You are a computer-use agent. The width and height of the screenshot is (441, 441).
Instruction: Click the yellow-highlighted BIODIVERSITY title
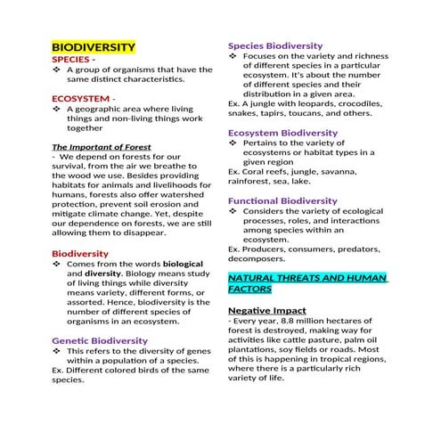[93, 46]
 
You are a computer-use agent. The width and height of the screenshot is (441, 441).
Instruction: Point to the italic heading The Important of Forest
[101, 147]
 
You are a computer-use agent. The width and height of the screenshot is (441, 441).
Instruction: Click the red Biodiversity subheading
[80, 254]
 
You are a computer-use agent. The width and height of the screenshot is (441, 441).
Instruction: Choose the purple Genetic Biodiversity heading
[94, 340]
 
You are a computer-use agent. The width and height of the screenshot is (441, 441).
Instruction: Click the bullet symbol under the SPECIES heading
[57, 69]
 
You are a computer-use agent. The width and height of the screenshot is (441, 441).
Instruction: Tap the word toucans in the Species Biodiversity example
[331, 113]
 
